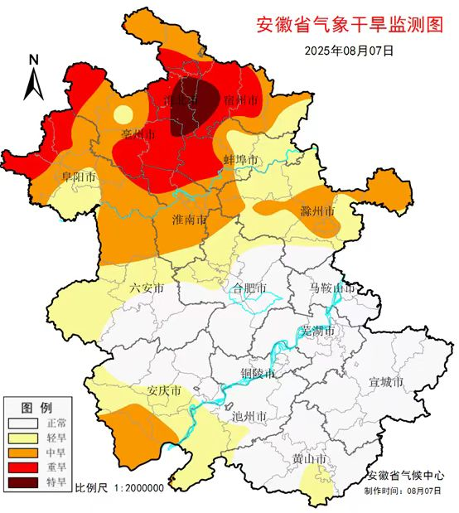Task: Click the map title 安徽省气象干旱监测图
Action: click(350, 24)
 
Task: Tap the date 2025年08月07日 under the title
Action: click(349, 51)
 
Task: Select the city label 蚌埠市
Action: click(241, 159)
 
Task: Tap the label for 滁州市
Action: click(317, 211)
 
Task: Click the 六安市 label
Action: click(147, 288)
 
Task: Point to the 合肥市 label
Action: click(249, 289)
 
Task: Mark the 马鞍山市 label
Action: click(332, 288)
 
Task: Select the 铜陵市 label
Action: click(258, 373)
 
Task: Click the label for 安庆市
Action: click(164, 390)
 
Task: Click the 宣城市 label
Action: click(385, 382)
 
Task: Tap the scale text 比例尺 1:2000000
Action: click(119, 487)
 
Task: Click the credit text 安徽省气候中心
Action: click(405, 476)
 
